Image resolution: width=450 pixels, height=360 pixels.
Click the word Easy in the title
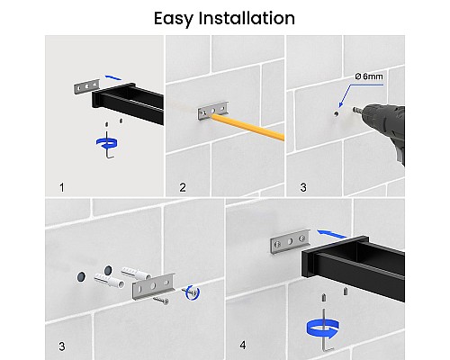173,19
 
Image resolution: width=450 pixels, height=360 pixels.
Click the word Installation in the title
247,18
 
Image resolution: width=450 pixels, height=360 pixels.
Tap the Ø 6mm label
369,76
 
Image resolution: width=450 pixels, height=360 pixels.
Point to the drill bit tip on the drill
353,110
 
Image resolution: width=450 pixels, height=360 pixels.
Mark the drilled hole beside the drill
336,113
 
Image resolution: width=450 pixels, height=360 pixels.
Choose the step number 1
62,188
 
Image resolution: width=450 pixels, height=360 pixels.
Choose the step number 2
183,188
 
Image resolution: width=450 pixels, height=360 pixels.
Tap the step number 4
243,346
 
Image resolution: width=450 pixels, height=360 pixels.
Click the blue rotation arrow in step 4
323,328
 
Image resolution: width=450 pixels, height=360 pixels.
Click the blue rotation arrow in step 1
106,143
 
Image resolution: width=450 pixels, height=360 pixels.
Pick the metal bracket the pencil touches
213,111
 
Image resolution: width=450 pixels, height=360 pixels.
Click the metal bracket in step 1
86,86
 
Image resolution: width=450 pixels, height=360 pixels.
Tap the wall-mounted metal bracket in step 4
290,241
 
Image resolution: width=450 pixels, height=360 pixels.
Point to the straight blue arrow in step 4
331,234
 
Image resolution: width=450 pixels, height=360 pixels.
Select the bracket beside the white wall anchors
153,286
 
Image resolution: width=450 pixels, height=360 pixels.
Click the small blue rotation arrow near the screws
192,292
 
